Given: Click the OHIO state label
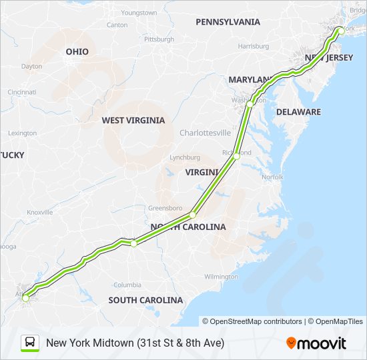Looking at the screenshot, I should [x=77, y=51].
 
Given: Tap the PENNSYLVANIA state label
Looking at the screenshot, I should [x=228, y=22].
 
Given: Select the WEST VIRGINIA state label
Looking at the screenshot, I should [x=133, y=121].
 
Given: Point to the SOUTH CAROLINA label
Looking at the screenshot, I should [x=145, y=300].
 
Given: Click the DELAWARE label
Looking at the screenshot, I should [x=298, y=112].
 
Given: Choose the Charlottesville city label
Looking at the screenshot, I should [x=205, y=133].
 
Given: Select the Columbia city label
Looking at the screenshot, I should [x=127, y=285].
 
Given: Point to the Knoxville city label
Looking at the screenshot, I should [x=39, y=212].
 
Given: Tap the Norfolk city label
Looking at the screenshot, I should [x=272, y=177].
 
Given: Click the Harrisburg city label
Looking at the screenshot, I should [x=253, y=47].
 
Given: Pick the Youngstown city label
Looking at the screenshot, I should [x=139, y=13].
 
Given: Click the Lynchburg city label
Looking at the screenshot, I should [x=185, y=157].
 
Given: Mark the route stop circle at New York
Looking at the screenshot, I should [x=340, y=31].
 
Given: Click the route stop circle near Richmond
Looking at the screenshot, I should [x=236, y=156].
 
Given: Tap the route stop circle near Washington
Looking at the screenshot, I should [x=250, y=104].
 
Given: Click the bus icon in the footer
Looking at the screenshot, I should [x=30, y=343].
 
